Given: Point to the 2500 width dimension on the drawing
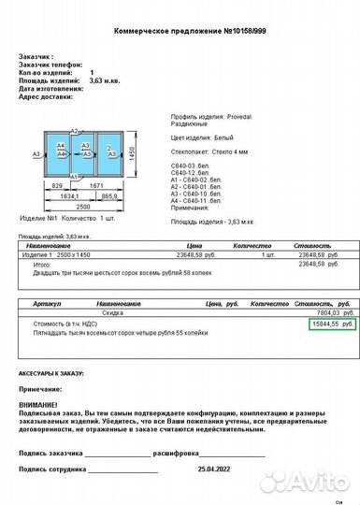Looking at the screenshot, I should [83, 206].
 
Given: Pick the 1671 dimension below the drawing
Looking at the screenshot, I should [96, 187].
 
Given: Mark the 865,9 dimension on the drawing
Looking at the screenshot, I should [108, 196].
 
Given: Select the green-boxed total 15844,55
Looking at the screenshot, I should [326, 323].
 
